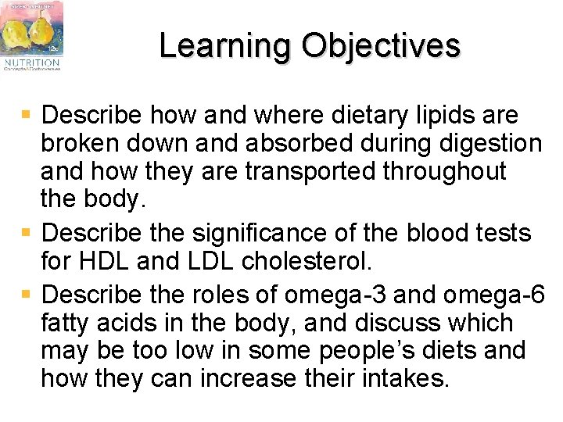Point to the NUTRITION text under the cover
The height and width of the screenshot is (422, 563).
[30, 61]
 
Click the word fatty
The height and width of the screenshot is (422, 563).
[66, 324]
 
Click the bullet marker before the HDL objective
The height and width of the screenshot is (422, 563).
[27, 232]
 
